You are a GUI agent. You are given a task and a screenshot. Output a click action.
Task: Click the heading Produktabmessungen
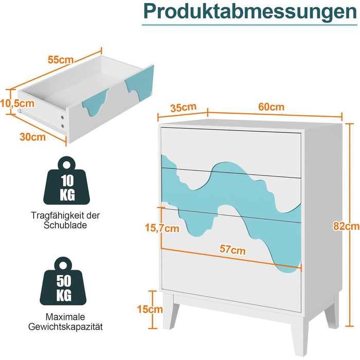coord(250,11)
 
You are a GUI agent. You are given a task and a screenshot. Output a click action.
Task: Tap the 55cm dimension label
coord(61,60)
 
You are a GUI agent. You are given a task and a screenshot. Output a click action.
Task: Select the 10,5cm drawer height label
coord(17,103)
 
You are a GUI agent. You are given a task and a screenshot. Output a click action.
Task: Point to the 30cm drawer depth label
coord(32,137)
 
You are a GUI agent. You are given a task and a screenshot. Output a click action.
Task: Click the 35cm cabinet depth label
coord(184,107)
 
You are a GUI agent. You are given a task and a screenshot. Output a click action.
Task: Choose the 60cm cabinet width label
coord(271,107)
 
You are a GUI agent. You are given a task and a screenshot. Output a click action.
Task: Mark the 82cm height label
coord(347,226)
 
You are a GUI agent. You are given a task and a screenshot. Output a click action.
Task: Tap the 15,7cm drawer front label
coord(162,228)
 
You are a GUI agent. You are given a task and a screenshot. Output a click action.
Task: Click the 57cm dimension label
coord(232,249)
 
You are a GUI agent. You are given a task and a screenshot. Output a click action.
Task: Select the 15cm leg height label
coord(150,309)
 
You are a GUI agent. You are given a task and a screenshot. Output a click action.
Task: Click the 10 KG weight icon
coord(66,181)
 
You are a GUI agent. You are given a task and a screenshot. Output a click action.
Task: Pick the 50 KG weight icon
coord(63,281)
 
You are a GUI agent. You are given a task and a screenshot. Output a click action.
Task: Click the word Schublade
coord(65,225)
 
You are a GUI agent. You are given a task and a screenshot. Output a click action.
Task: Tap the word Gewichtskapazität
coord(65,327)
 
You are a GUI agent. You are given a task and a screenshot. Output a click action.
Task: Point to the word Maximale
coord(65,317)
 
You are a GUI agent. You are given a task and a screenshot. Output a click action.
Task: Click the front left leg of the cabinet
coord(170,311)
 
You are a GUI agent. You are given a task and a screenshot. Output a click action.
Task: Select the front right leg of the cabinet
coord(299,335)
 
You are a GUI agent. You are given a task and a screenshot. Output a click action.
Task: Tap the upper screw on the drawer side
coord(62,118)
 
